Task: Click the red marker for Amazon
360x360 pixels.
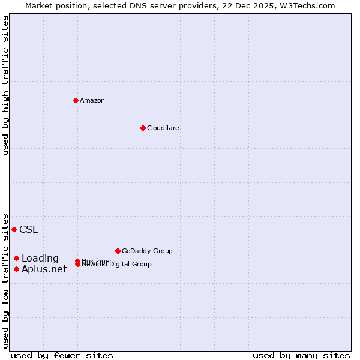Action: point(76,100)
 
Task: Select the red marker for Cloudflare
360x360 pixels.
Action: point(143,128)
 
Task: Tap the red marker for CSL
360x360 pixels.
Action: point(14,229)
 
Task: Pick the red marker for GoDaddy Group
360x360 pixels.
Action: point(118,251)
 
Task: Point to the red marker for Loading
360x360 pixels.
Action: point(16,258)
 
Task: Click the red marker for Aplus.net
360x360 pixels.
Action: point(16,269)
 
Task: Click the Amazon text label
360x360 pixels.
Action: point(92,100)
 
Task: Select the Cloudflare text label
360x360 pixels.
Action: point(163,128)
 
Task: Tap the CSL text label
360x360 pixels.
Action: point(28,229)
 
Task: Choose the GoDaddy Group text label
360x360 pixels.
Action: point(147,251)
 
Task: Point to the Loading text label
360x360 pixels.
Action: point(40,259)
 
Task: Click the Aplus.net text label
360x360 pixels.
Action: point(44,269)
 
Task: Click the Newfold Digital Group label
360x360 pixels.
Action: point(118,265)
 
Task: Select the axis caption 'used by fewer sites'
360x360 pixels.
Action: point(62,355)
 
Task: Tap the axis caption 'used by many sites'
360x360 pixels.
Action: point(301,355)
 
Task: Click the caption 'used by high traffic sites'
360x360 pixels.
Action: point(5,85)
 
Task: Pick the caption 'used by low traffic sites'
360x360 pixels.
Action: point(5,280)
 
